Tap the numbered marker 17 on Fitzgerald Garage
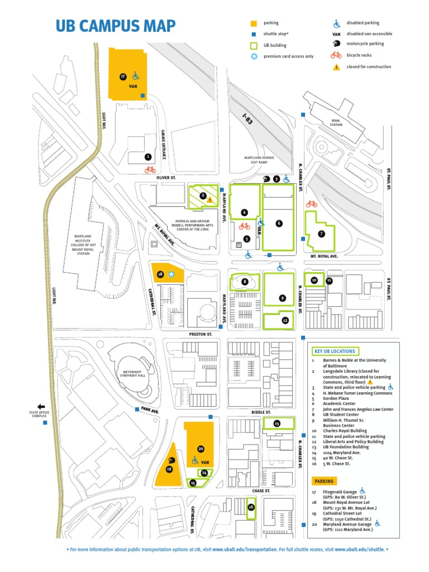point(123,76)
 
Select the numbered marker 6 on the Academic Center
point(278,223)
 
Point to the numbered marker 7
point(321,234)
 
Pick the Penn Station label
point(335,124)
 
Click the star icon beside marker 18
point(172,274)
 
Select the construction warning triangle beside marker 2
point(210,198)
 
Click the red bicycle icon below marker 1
point(150,169)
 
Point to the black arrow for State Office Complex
point(41,407)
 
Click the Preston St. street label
point(201,333)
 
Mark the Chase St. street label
point(260,491)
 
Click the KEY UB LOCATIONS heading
point(335,351)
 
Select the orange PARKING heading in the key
point(324,481)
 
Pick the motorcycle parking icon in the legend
point(337,44)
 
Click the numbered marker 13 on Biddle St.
point(277,424)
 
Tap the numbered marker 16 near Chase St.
point(251,507)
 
